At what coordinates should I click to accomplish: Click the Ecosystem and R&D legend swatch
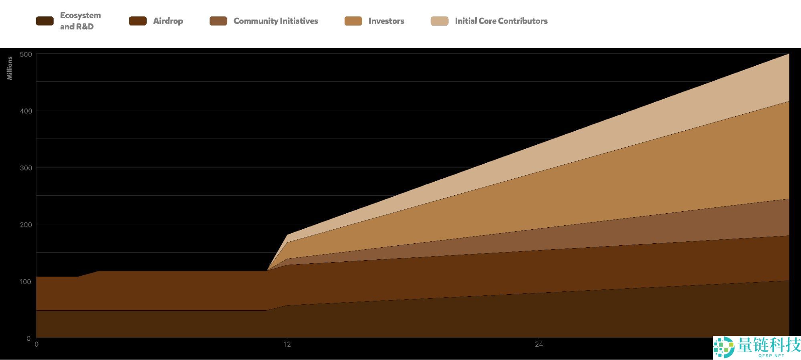tap(44, 21)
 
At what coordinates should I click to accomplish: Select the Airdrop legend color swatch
tap(137, 21)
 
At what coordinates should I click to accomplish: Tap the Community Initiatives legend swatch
tap(218, 21)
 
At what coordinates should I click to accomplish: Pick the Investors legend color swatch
tap(353, 21)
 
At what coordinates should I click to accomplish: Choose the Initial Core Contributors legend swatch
tap(439, 21)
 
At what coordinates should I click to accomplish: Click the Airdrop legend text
tap(168, 21)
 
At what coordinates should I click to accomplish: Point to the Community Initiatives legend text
tap(276, 21)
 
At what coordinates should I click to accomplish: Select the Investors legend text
tap(386, 21)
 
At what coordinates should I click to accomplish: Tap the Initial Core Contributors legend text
tap(501, 21)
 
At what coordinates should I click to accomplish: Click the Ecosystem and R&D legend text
tap(80, 21)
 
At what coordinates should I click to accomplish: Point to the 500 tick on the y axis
tap(26, 54)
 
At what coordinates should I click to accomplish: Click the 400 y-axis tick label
tap(26, 111)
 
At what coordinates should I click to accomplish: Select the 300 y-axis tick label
tap(26, 168)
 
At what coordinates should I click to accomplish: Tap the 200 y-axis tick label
tap(26, 225)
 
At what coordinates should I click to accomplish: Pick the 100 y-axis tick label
tap(26, 282)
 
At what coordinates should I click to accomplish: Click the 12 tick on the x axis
tap(287, 344)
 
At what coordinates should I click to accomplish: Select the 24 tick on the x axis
tap(539, 344)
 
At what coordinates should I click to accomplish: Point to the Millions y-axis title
tap(10, 68)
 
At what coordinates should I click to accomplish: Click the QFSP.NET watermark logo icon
tap(724, 347)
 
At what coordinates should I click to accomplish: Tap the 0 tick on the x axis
tap(36, 344)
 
